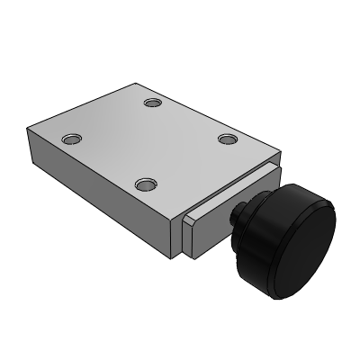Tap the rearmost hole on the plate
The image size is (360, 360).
(152, 103)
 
